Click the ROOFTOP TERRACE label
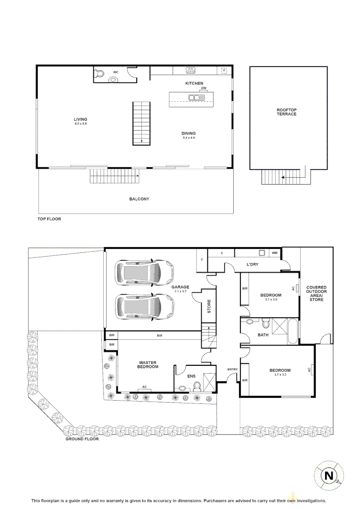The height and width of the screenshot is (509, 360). click(x=286, y=112)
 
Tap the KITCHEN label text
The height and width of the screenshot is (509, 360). click(x=194, y=83)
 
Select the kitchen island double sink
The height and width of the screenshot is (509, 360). click(x=194, y=98)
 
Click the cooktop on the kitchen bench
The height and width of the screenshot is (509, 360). click(x=191, y=71)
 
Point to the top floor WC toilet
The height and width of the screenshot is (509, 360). click(x=99, y=74)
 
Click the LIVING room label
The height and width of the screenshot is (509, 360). click(x=81, y=119)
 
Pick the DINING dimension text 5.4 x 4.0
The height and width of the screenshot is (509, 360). click(x=188, y=138)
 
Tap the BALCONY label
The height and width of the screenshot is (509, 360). click(x=139, y=199)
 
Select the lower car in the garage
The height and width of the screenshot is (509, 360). click(x=145, y=307)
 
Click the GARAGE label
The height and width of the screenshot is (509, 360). click(x=180, y=287)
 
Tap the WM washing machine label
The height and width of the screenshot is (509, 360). click(x=275, y=253)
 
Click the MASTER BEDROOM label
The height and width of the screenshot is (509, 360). click(x=148, y=364)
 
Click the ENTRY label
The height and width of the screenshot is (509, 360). click(x=232, y=369)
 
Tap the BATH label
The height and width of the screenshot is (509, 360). click(x=263, y=335)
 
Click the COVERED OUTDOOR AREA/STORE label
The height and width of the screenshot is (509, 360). click(x=316, y=293)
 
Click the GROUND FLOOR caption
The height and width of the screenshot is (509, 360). click(x=82, y=439)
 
